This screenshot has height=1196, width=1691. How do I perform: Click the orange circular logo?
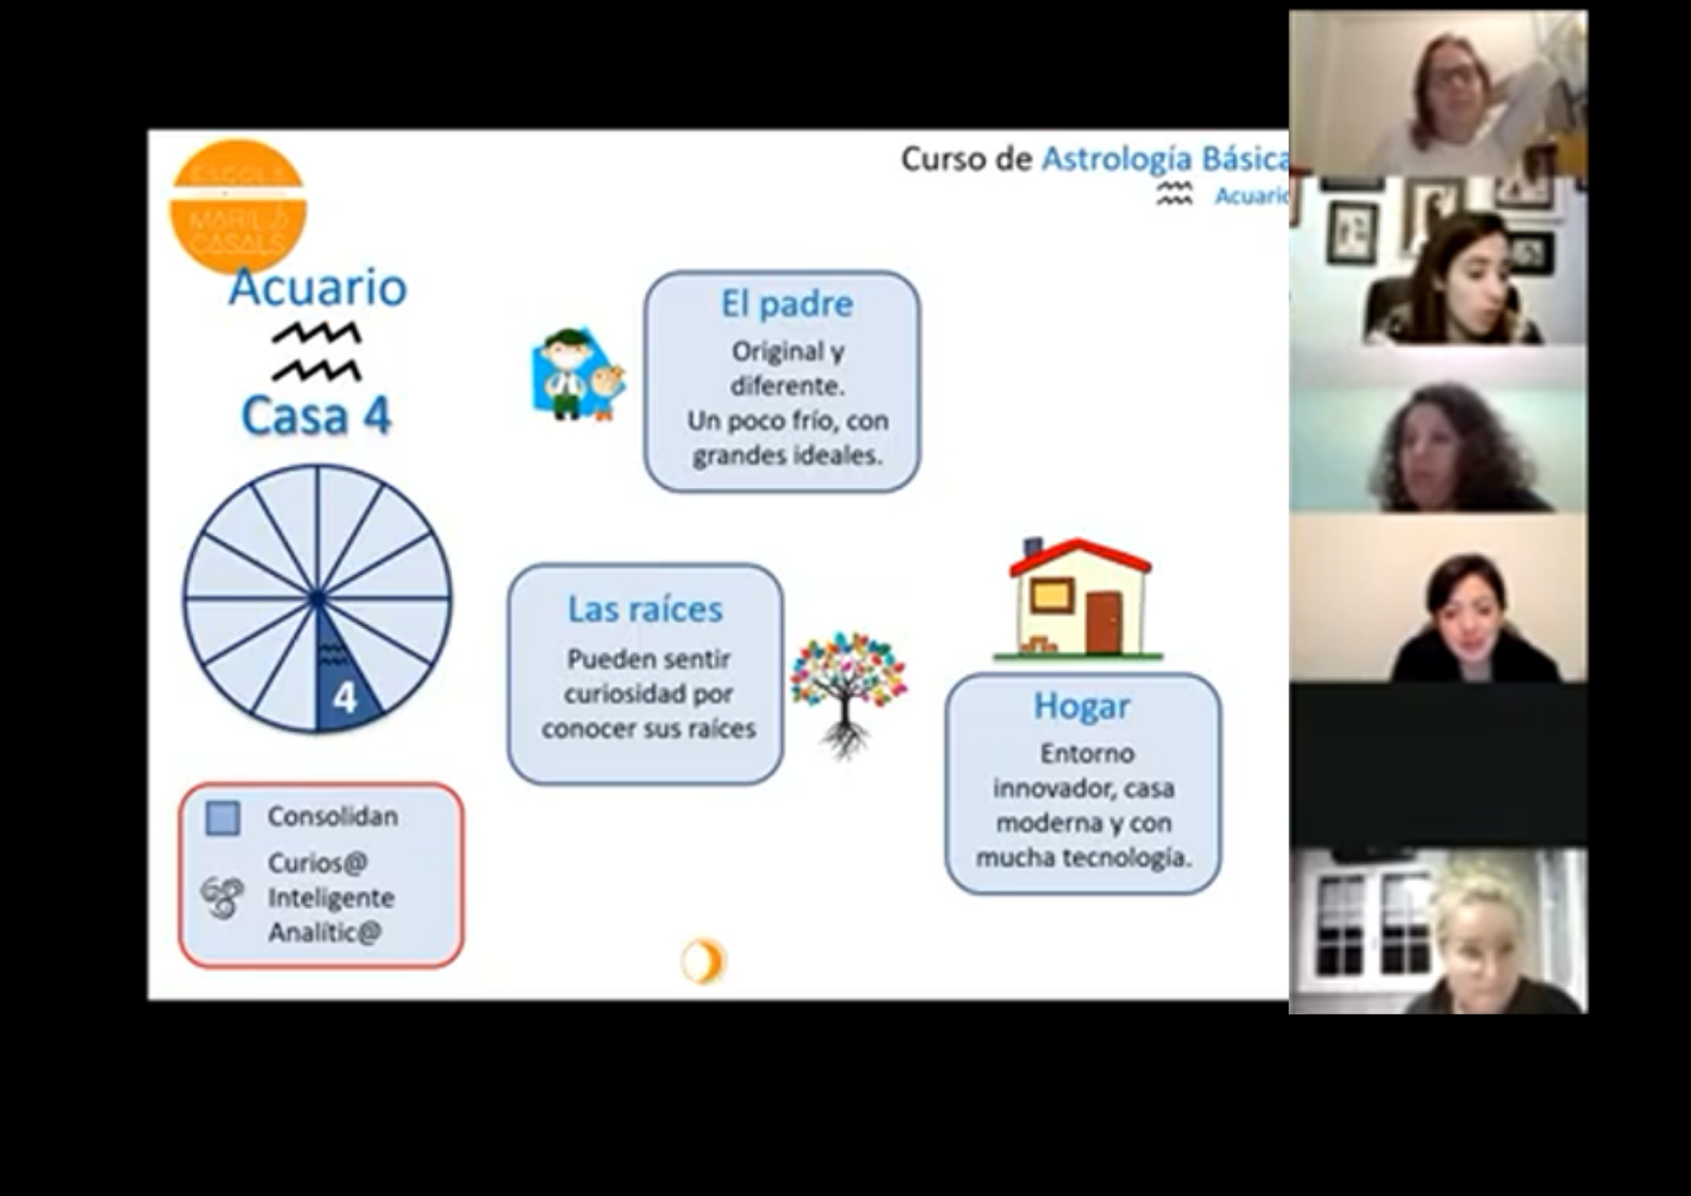[x=238, y=206]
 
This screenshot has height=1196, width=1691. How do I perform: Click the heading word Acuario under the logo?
[x=318, y=288]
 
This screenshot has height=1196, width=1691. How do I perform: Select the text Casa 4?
[x=316, y=416]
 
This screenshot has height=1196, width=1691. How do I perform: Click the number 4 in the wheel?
[x=344, y=699]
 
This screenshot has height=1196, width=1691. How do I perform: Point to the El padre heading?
[x=786, y=304]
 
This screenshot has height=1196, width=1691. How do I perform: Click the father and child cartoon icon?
[x=577, y=374]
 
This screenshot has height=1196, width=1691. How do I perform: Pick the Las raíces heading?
[x=645, y=610]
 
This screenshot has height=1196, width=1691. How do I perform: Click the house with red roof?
[x=1080, y=599]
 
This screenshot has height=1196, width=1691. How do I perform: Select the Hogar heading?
[x=1081, y=706]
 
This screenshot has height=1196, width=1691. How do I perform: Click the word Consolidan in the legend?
[x=332, y=816]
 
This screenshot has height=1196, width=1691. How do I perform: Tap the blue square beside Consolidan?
[x=223, y=818]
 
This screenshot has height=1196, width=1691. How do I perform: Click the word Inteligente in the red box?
[x=331, y=897]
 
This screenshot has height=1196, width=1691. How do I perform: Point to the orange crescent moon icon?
[x=703, y=962]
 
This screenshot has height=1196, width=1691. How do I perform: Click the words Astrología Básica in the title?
[x=1165, y=159]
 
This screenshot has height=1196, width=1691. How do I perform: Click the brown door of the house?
[x=1103, y=623]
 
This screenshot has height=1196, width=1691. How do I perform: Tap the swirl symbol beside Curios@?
[x=222, y=897]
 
